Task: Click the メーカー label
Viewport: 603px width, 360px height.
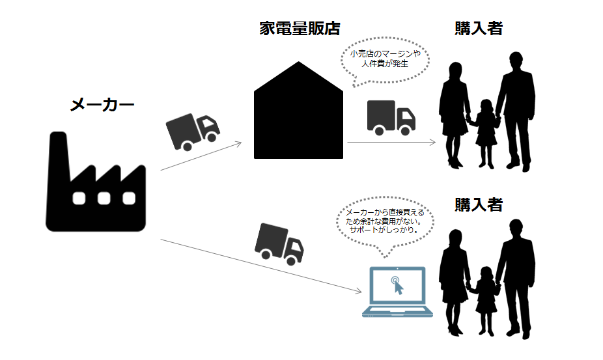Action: click(x=102, y=104)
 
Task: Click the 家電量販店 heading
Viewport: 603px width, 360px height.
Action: click(x=299, y=29)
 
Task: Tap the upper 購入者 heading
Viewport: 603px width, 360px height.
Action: click(x=479, y=29)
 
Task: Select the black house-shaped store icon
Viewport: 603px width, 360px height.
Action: click(x=298, y=117)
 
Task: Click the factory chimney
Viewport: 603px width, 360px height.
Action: click(x=59, y=156)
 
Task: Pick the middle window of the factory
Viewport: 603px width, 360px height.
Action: click(x=103, y=198)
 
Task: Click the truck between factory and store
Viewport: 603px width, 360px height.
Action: click(x=192, y=130)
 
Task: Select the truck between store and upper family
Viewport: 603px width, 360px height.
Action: click(x=391, y=117)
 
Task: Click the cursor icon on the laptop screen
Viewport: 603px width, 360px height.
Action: click(x=397, y=285)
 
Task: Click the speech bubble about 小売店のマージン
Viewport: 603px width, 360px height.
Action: click(x=384, y=60)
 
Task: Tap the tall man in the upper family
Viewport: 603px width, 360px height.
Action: click(x=516, y=111)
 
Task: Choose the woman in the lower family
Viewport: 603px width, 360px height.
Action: click(x=455, y=280)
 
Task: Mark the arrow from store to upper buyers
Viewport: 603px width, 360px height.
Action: click(x=391, y=141)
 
